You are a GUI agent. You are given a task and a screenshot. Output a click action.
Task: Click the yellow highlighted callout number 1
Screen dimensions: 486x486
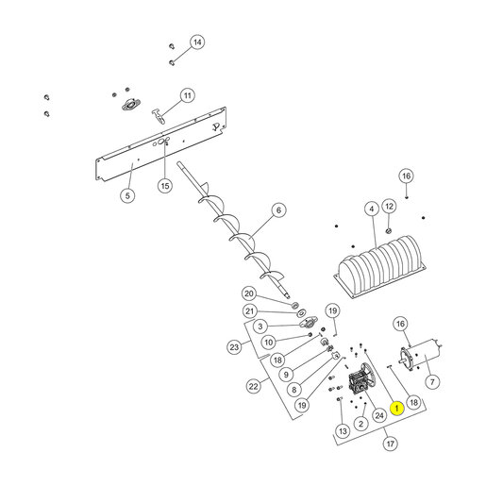[396, 409]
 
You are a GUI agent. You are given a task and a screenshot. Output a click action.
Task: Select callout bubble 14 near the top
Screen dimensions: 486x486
[197, 42]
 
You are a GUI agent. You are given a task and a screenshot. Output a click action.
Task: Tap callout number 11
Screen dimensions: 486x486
[188, 95]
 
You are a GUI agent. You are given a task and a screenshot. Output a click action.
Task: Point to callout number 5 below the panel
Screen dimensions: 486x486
[127, 195]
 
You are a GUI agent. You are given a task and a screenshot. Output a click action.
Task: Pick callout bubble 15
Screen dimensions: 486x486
[165, 186]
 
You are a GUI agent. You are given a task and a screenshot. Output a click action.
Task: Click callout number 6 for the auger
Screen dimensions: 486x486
[278, 210]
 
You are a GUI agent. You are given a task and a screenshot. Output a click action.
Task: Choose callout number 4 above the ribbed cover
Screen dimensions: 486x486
[372, 209]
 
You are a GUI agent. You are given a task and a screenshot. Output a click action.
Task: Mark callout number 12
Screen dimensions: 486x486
[389, 207]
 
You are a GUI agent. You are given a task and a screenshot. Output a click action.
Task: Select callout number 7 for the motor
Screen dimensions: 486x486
[432, 382]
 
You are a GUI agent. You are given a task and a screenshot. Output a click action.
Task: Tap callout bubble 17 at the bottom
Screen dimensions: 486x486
[391, 444]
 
